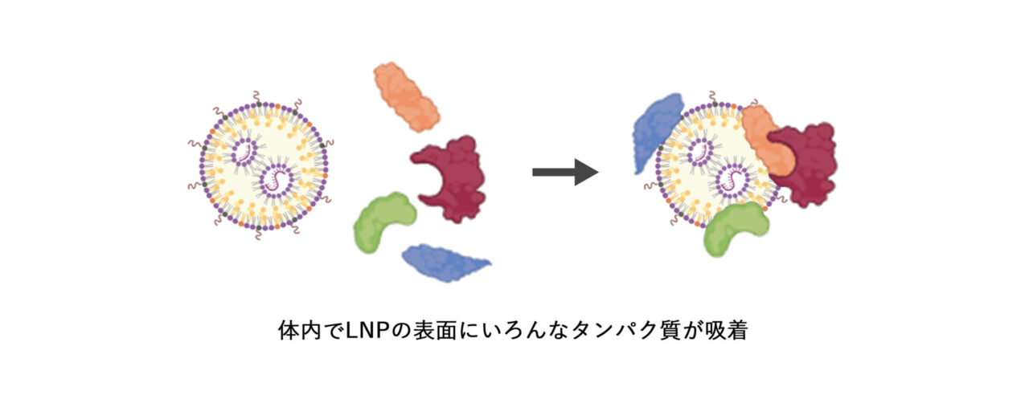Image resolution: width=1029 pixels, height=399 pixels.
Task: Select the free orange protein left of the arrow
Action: tap(407, 97)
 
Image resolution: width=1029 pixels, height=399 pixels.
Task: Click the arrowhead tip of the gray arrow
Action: tap(597, 171)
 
